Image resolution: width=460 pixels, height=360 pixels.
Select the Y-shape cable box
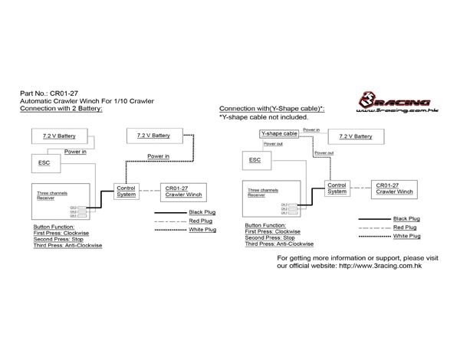click(x=278, y=135)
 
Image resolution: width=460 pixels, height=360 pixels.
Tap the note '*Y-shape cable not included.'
click(x=264, y=117)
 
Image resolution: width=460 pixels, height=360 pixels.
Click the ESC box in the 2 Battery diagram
click(x=42, y=162)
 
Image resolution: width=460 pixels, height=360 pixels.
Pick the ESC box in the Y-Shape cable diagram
click(x=255, y=159)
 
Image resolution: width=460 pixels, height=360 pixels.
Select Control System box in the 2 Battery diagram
click(x=126, y=191)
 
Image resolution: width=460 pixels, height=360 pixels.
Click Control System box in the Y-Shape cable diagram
click(x=337, y=188)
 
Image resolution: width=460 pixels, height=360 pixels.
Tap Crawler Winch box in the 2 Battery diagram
click(x=183, y=191)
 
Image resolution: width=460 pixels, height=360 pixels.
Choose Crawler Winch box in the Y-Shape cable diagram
click(x=395, y=188)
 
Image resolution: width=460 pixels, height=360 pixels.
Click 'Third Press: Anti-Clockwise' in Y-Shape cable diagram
click(x=279, y=244)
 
